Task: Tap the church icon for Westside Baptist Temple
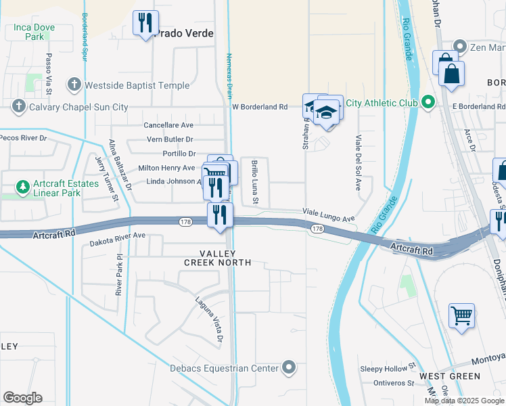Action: point(74,85)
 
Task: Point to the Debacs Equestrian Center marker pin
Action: point(289,368)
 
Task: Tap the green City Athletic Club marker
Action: point(428,103)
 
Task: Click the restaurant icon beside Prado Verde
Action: point(145,24)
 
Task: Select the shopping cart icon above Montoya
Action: point(461,315)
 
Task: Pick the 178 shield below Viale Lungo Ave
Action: point(317,229)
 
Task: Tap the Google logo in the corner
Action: point(22,398)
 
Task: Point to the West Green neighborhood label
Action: point(449,376)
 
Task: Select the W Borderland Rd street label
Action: point(260,107)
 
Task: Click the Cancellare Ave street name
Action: point(168,125)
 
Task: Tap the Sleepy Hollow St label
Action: point(387,367)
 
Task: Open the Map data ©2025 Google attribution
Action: point(464,401)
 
